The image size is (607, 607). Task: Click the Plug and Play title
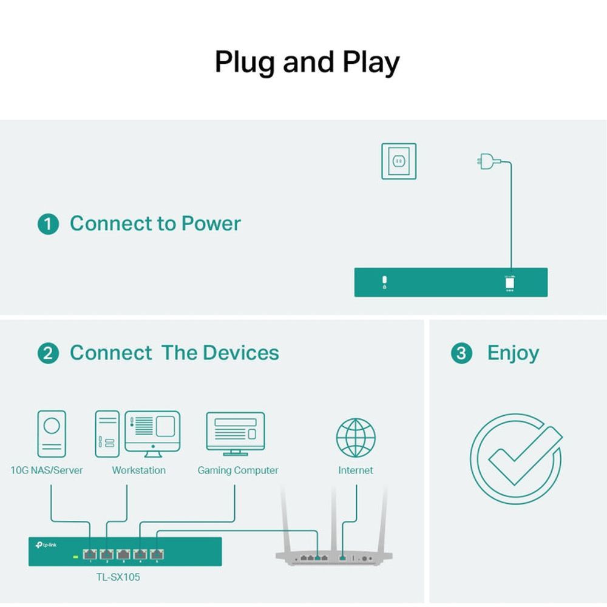[x=307, y=63]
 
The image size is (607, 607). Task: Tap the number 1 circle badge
[x=48, y=225]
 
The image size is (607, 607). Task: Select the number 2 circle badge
[x=48, y=353]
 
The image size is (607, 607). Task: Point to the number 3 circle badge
[x=461, y=353]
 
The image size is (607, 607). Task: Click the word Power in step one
[x=211, y=223]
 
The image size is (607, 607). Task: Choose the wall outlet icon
[x=399, y=161]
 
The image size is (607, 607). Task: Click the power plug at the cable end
[x=486, y=162]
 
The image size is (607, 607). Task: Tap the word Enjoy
[x=513, y=353]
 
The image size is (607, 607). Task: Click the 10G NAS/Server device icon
[x=52, y=433]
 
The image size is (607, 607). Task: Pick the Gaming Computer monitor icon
[x=236, y=433]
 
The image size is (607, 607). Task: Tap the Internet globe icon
[x=356, y=438]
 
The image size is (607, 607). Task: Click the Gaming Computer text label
[x=238, y=470]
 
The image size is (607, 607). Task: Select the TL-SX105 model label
[x=118, y=577]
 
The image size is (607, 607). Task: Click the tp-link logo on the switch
[x=47, y=544]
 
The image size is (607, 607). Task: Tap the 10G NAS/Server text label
[x=47, y=470]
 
